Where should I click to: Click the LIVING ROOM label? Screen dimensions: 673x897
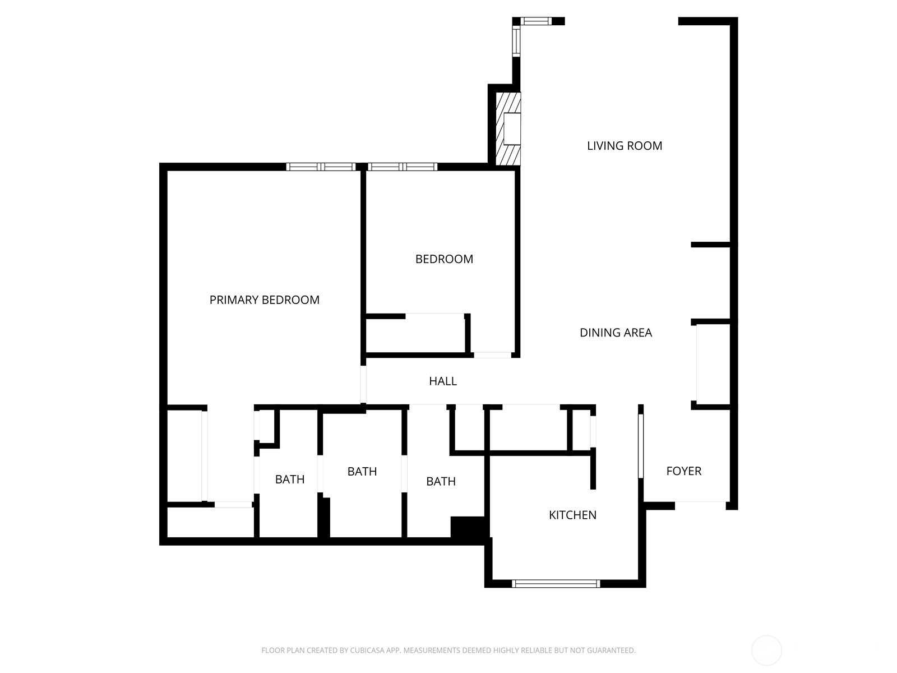point(625,146)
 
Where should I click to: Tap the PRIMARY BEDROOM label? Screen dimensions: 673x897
point(264,300)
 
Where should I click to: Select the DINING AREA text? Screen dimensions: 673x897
point(616,333)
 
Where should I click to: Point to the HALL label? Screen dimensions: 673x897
point(443,381)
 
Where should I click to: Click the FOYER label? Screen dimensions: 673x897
point(683,471)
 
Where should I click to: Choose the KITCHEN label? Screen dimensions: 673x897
point(572,515)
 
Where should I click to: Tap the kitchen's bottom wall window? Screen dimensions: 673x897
point(556,584)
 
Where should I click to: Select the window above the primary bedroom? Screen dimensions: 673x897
point(321,167)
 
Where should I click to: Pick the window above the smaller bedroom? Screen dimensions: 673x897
point(402,167)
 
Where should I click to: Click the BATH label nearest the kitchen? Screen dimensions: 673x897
point(441,481)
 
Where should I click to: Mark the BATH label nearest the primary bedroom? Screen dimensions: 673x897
point(290,480)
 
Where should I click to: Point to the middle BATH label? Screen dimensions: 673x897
point(362,472)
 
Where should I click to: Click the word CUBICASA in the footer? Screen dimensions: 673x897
point(366,651)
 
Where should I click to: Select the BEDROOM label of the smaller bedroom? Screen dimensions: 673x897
point(444,259)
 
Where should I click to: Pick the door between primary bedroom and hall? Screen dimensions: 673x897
point(363,384)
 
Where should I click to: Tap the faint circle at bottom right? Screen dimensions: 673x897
point(766,651)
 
